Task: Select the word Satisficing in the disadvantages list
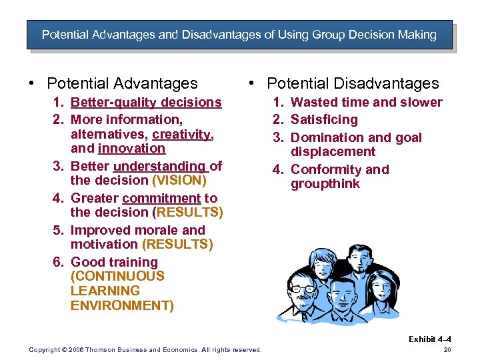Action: coord(324,120)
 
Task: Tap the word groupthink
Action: coord(325,184)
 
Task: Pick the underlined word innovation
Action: coord(131,149)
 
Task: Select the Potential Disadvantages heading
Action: coord(353,84)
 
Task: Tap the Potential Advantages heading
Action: coord(122,84)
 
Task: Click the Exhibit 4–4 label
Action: coord(430,339)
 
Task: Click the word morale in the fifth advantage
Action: coord(157,231)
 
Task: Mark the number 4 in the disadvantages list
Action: coord(277,170)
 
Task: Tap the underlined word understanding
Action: coord(159,166)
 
